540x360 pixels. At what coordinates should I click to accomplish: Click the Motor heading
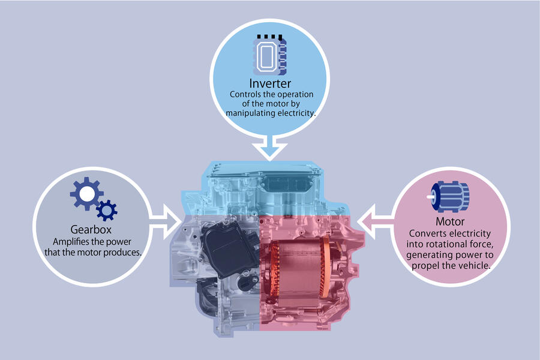[450, 222]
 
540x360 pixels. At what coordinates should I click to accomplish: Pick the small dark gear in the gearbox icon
[107, 210]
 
